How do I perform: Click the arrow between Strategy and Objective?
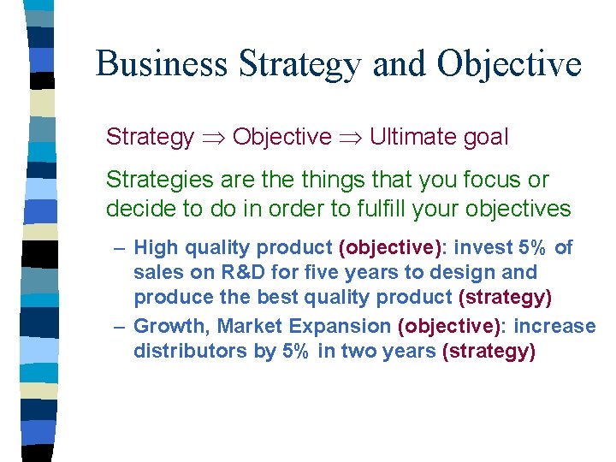[213, 137]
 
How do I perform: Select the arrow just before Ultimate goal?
[350, 137]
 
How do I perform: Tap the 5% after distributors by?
[296, 352]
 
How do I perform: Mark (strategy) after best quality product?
[506, 298]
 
